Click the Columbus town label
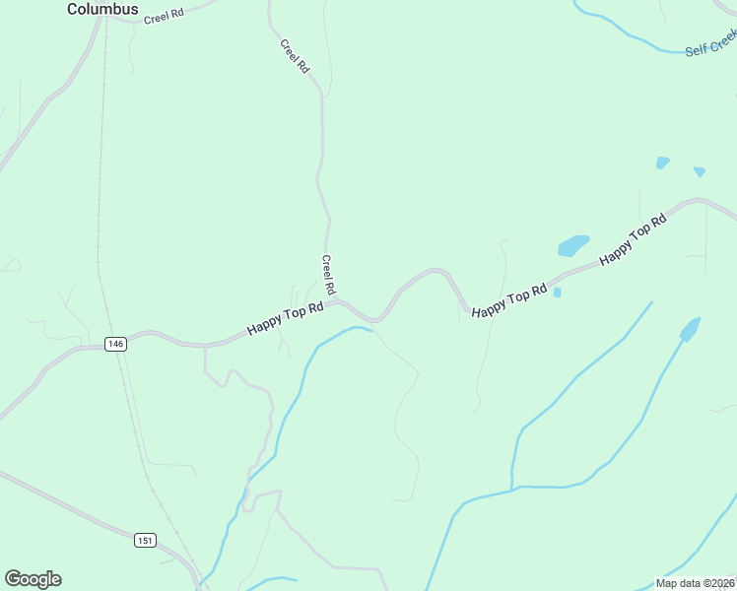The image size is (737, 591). click(102, 9)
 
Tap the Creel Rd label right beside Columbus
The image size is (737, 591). click(164, 17)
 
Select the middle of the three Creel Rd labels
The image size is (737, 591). click(295, 56)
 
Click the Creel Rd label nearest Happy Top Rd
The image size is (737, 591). click(329, 276)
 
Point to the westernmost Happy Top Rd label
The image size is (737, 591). click(286, 318)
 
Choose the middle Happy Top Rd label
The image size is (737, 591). click(508, 301)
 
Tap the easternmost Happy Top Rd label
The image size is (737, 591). click(634, 238)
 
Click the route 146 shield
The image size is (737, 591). click(116, 344)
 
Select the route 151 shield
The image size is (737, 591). click(145, 540)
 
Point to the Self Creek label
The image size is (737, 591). click(711, 43)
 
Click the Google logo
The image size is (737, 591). click(33, 579)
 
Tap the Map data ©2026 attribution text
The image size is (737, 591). click(696, 583)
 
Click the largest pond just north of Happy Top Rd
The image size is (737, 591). click(573, 245)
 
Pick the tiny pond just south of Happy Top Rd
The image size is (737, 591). click(558, 293)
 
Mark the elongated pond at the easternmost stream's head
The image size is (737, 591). click(690, 328)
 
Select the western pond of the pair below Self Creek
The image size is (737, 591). click(662, 163)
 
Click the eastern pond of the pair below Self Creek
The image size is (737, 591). click(699, 171)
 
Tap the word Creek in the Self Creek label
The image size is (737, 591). click(724, 40)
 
